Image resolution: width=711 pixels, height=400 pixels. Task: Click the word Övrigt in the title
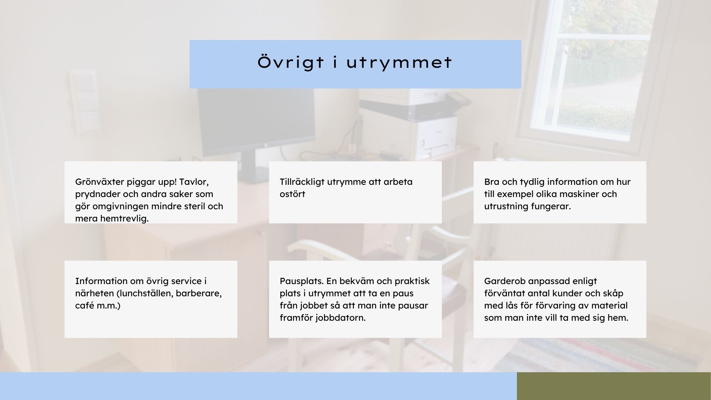click(291, 62)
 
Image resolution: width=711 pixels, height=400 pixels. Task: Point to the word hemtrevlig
click(124, 219)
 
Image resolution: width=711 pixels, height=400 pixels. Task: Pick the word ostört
click(292, 194)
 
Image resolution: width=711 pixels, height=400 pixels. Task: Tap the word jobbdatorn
click(340, 318)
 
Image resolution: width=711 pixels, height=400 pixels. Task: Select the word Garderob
click(505, 281)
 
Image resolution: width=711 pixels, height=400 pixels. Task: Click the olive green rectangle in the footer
click(614, 386)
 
